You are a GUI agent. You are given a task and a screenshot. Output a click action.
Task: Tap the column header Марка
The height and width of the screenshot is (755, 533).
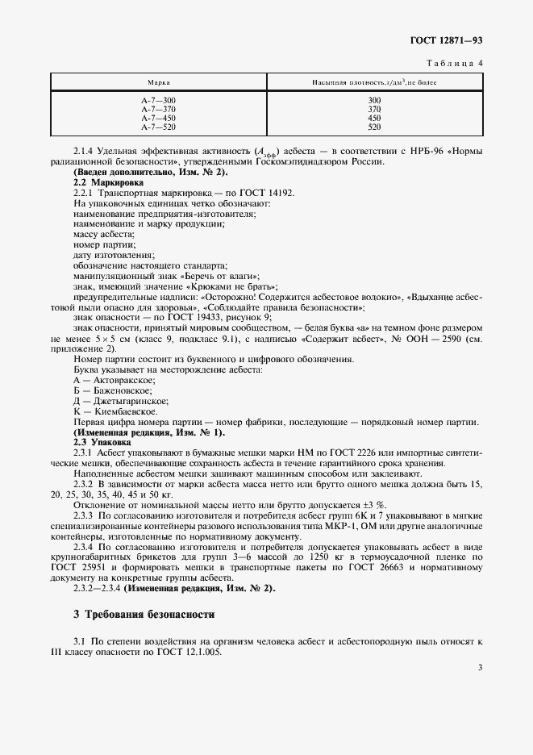(x=158, y=83)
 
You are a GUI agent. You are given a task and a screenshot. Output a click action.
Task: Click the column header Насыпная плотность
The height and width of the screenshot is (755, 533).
(x=373, y=83)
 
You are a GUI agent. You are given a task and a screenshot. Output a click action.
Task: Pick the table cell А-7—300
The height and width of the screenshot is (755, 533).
(x=158, y=100)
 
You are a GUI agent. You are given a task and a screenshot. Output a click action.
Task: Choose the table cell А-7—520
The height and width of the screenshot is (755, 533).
(x=158, y=127)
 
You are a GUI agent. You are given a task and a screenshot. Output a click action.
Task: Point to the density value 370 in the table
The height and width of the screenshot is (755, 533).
(x=373, y=109)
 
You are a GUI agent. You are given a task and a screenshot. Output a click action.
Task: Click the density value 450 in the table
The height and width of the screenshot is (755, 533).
(x=373, y=118)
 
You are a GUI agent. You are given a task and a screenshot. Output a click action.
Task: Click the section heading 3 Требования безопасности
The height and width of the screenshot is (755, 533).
(x=144, y=614)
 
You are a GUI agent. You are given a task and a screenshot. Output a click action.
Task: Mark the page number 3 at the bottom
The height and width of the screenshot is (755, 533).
(x=479, y=668)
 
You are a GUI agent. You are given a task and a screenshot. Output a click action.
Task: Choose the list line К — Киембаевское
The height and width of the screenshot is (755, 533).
(x=115, y=411)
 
